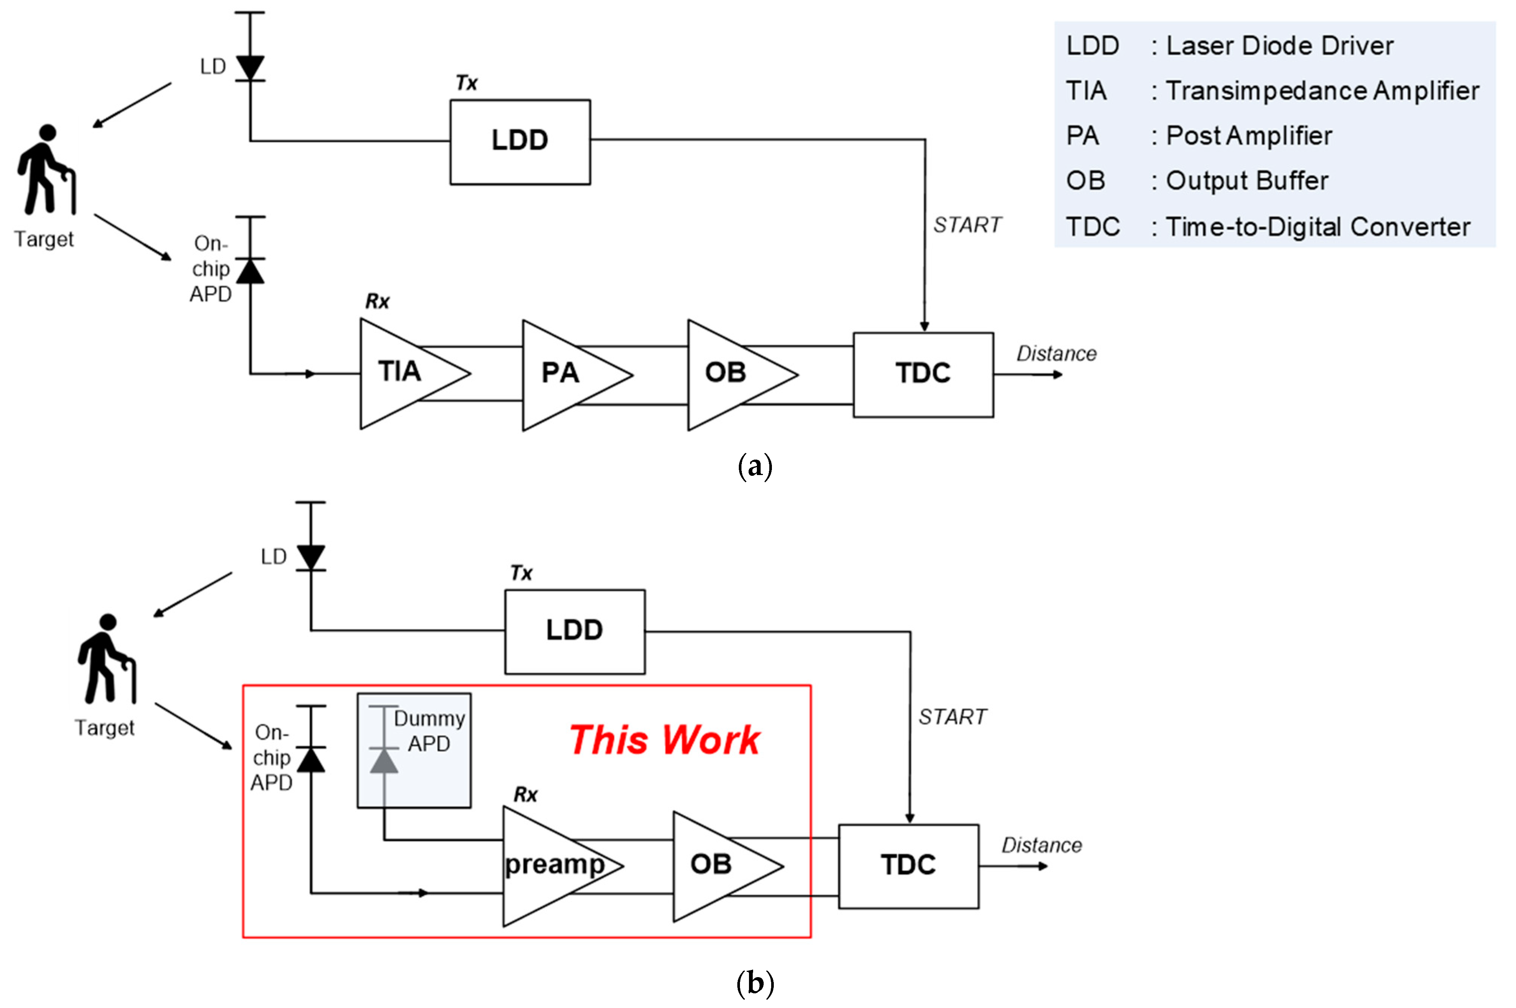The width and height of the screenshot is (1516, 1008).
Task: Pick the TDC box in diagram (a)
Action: (923, 374)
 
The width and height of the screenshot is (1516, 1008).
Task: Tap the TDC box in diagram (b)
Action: (908, 865)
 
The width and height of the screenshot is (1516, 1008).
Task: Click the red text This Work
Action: (664, 740)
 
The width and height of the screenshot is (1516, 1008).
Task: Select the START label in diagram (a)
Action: (967, 225)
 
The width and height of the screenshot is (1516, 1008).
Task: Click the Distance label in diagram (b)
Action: (1041, 846)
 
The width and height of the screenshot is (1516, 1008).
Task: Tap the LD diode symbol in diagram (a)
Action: (250, 67)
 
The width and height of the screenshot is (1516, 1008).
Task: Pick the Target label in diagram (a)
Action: (44, 239)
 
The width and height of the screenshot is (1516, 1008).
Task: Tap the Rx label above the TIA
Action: (377, 302)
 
